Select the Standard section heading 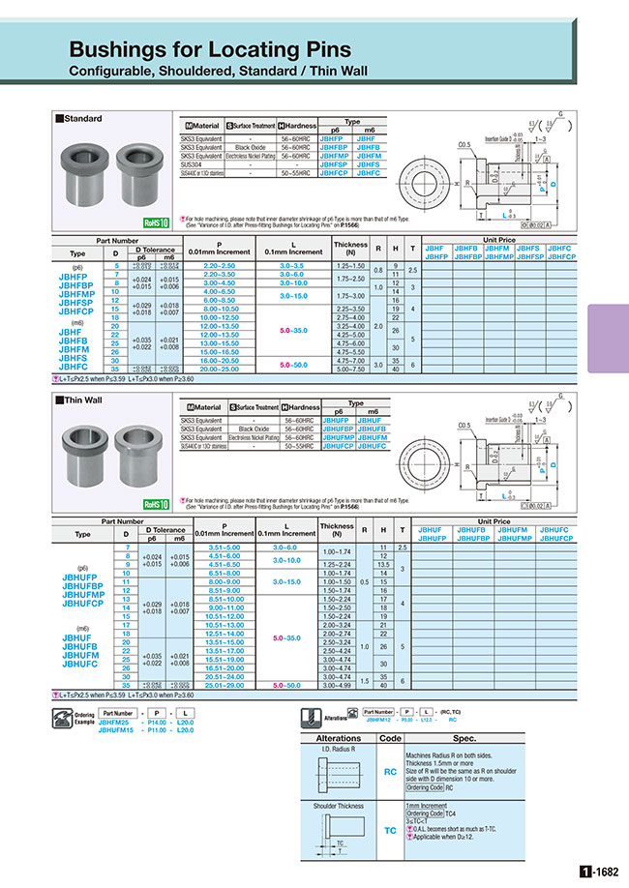coord(82,119)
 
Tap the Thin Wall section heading coord(82,400)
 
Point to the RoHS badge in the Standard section coord(156,222)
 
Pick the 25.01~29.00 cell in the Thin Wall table coord(224,684)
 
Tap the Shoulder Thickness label coord(339,805)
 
